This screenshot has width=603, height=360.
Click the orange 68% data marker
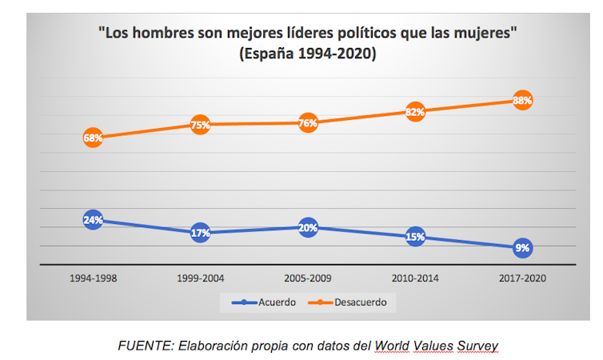(x=93, y=138)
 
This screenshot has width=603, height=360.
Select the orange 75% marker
(x=200, y=124)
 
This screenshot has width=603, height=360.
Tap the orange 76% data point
(x=308, y=122)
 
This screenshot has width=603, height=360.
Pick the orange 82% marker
(x=415, y=112)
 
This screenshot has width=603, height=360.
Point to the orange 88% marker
(x=522, y=100)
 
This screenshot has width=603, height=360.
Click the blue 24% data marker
(x=93, y=220)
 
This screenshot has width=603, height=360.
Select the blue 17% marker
(x=200, y=233)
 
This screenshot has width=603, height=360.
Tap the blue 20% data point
(x=308, y=227)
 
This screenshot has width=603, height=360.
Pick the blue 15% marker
(x=415, y=236)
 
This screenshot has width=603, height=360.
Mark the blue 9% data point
(x=522, y=247)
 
